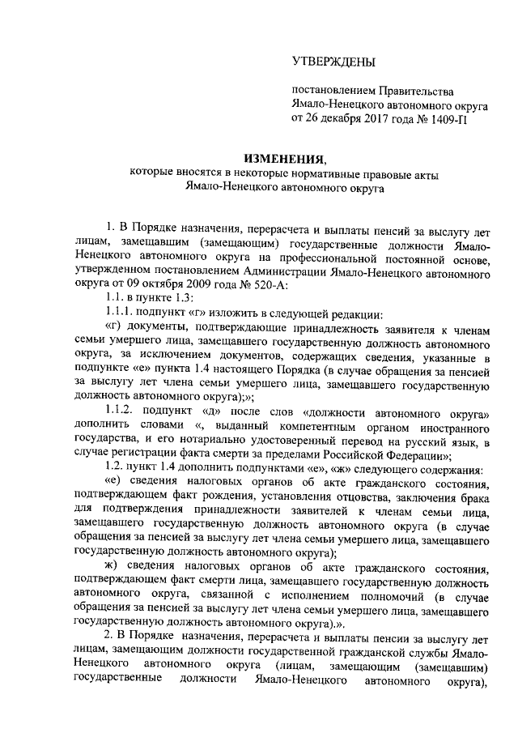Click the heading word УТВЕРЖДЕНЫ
click(x=333, y=62)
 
